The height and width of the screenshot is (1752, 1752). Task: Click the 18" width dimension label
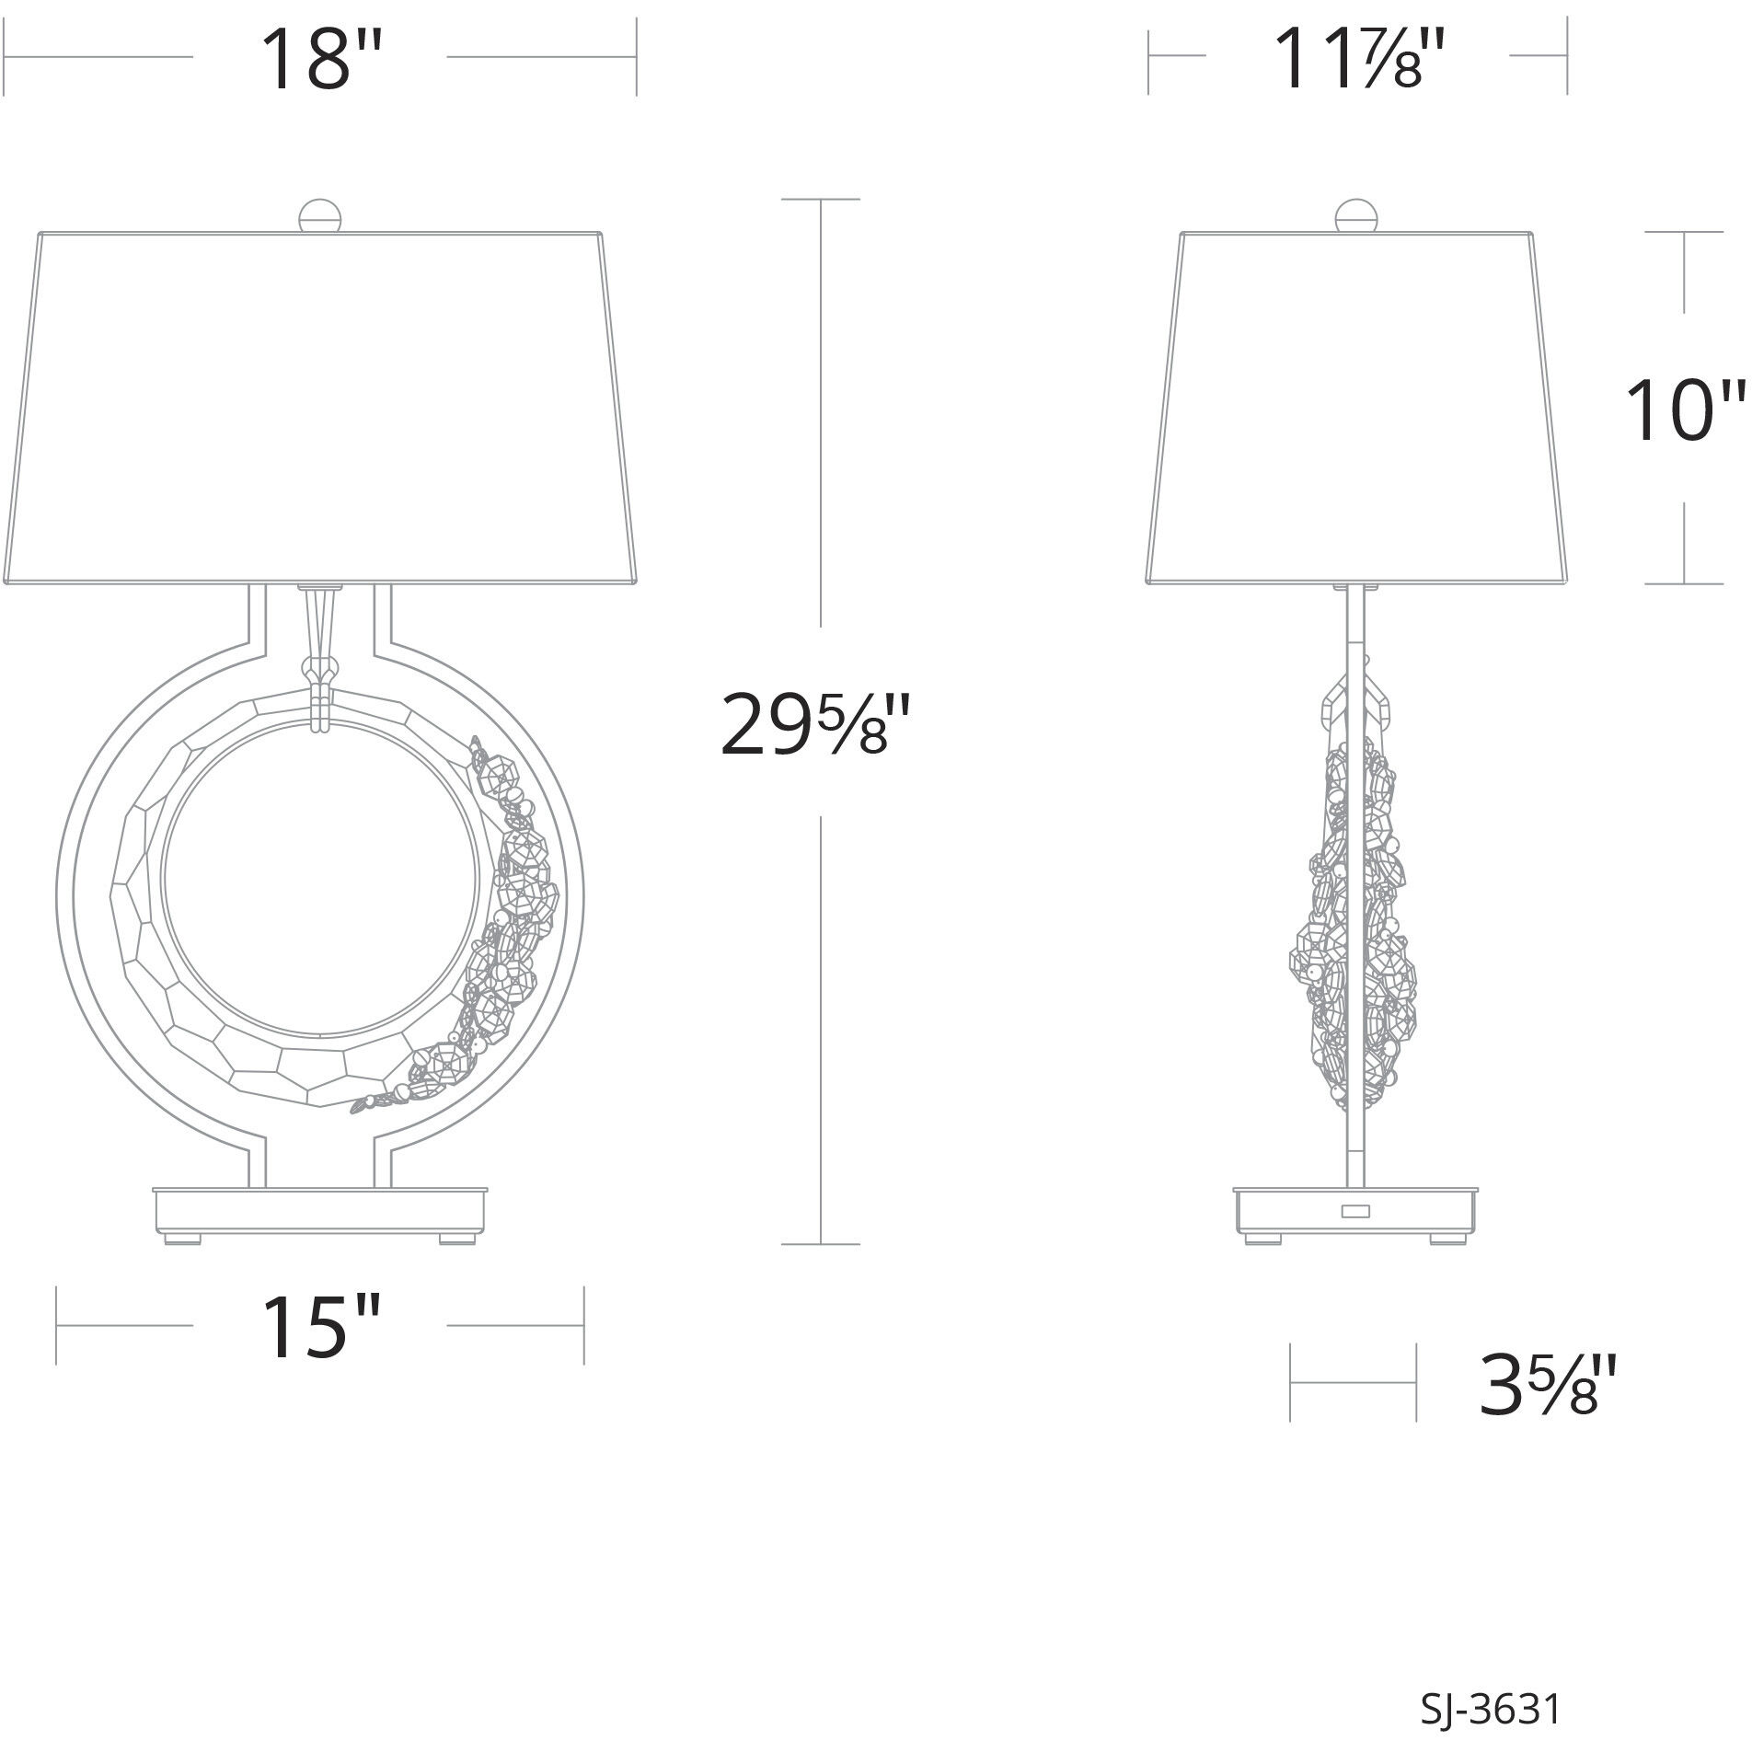click(x=319, y=61)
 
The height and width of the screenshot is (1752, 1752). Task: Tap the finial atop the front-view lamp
click(x=321, y=217)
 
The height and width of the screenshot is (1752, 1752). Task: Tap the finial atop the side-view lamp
click(x=1357, y=217)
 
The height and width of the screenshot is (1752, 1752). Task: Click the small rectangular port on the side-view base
click(x=1354, y=1211)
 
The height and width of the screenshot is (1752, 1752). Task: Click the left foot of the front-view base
click(x=181, y=1238)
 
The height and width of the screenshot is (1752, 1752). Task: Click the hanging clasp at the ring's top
click(x=321, y=681)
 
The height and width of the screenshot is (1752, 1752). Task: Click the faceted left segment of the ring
click(x=138, y=883)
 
